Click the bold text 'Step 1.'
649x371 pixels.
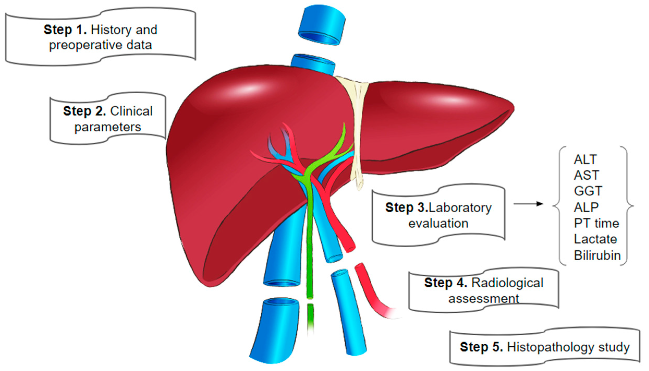[65, 30]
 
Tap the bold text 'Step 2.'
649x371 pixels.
[84, 111]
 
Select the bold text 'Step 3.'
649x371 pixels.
[407, 208]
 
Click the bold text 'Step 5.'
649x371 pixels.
[481, 347]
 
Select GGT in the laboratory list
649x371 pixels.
[588, 191]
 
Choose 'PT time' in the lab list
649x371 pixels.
[596, 223]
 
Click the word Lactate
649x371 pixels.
[595, 239]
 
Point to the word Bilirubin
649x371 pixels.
[597, 256]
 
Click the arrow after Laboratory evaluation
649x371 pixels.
[528, 204]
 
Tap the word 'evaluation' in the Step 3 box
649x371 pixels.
[438, 224]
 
